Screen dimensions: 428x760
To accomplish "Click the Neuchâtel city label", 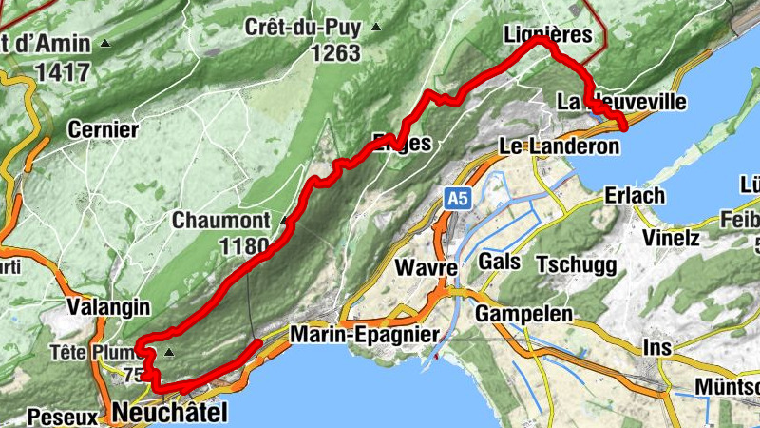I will coord(170,412).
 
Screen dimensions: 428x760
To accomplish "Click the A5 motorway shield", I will coord(457,198).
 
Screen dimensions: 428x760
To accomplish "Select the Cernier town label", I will coord(104,129).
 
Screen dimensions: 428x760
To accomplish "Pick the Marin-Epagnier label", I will coord(365,335).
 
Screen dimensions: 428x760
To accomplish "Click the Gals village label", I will coord(500,262).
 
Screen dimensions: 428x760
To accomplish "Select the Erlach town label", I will coord(635,195).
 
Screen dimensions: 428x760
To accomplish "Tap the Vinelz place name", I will coord(669,237).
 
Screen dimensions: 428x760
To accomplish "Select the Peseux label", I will coord(63,417).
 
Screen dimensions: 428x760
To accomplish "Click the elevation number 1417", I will coord(63,70).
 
